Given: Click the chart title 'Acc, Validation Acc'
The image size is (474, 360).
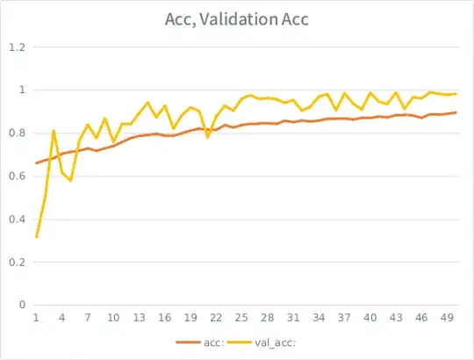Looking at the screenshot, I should coord(237,18).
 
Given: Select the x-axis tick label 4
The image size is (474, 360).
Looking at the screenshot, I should coord(61,318).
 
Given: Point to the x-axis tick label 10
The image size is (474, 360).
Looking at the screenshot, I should coord(113,318).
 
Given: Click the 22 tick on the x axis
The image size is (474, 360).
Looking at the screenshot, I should coord(216,318).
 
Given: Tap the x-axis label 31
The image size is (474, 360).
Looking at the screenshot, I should coord(293,318).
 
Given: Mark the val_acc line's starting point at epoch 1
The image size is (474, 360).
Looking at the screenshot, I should coord(36,237).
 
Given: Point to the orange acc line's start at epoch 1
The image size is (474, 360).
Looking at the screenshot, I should coord(36,163).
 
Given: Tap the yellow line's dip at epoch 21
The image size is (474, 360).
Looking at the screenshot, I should coord(208,138).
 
